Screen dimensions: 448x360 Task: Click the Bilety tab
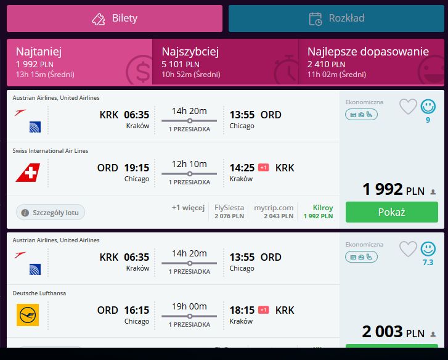[115, 18]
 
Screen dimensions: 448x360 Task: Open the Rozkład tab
[336, 18]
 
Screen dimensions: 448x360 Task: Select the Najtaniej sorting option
[79, 62]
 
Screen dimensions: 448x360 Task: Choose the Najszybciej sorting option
[225, 62]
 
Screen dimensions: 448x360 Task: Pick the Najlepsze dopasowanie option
[371, 62]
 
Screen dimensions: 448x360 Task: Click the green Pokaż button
[392, 212]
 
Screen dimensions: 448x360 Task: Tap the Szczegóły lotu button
[51, 213]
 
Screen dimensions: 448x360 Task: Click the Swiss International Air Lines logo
[28, 173]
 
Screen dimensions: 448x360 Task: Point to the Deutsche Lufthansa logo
[28, 315]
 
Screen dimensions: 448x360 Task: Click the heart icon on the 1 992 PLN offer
[408, 107]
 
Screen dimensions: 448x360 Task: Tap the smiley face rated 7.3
[428, 249]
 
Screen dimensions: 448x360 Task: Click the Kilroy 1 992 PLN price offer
[319, 211]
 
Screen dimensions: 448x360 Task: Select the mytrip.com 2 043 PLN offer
[274, 211]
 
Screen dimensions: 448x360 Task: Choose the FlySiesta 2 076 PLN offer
[229, 211]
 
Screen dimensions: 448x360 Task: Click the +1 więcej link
[188, 208]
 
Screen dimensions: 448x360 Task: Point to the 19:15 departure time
[137, 168]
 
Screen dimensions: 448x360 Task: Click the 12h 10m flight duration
[189, 164]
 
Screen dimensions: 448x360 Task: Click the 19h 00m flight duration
[189, 306]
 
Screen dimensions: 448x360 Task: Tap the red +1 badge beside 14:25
[263, 168]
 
